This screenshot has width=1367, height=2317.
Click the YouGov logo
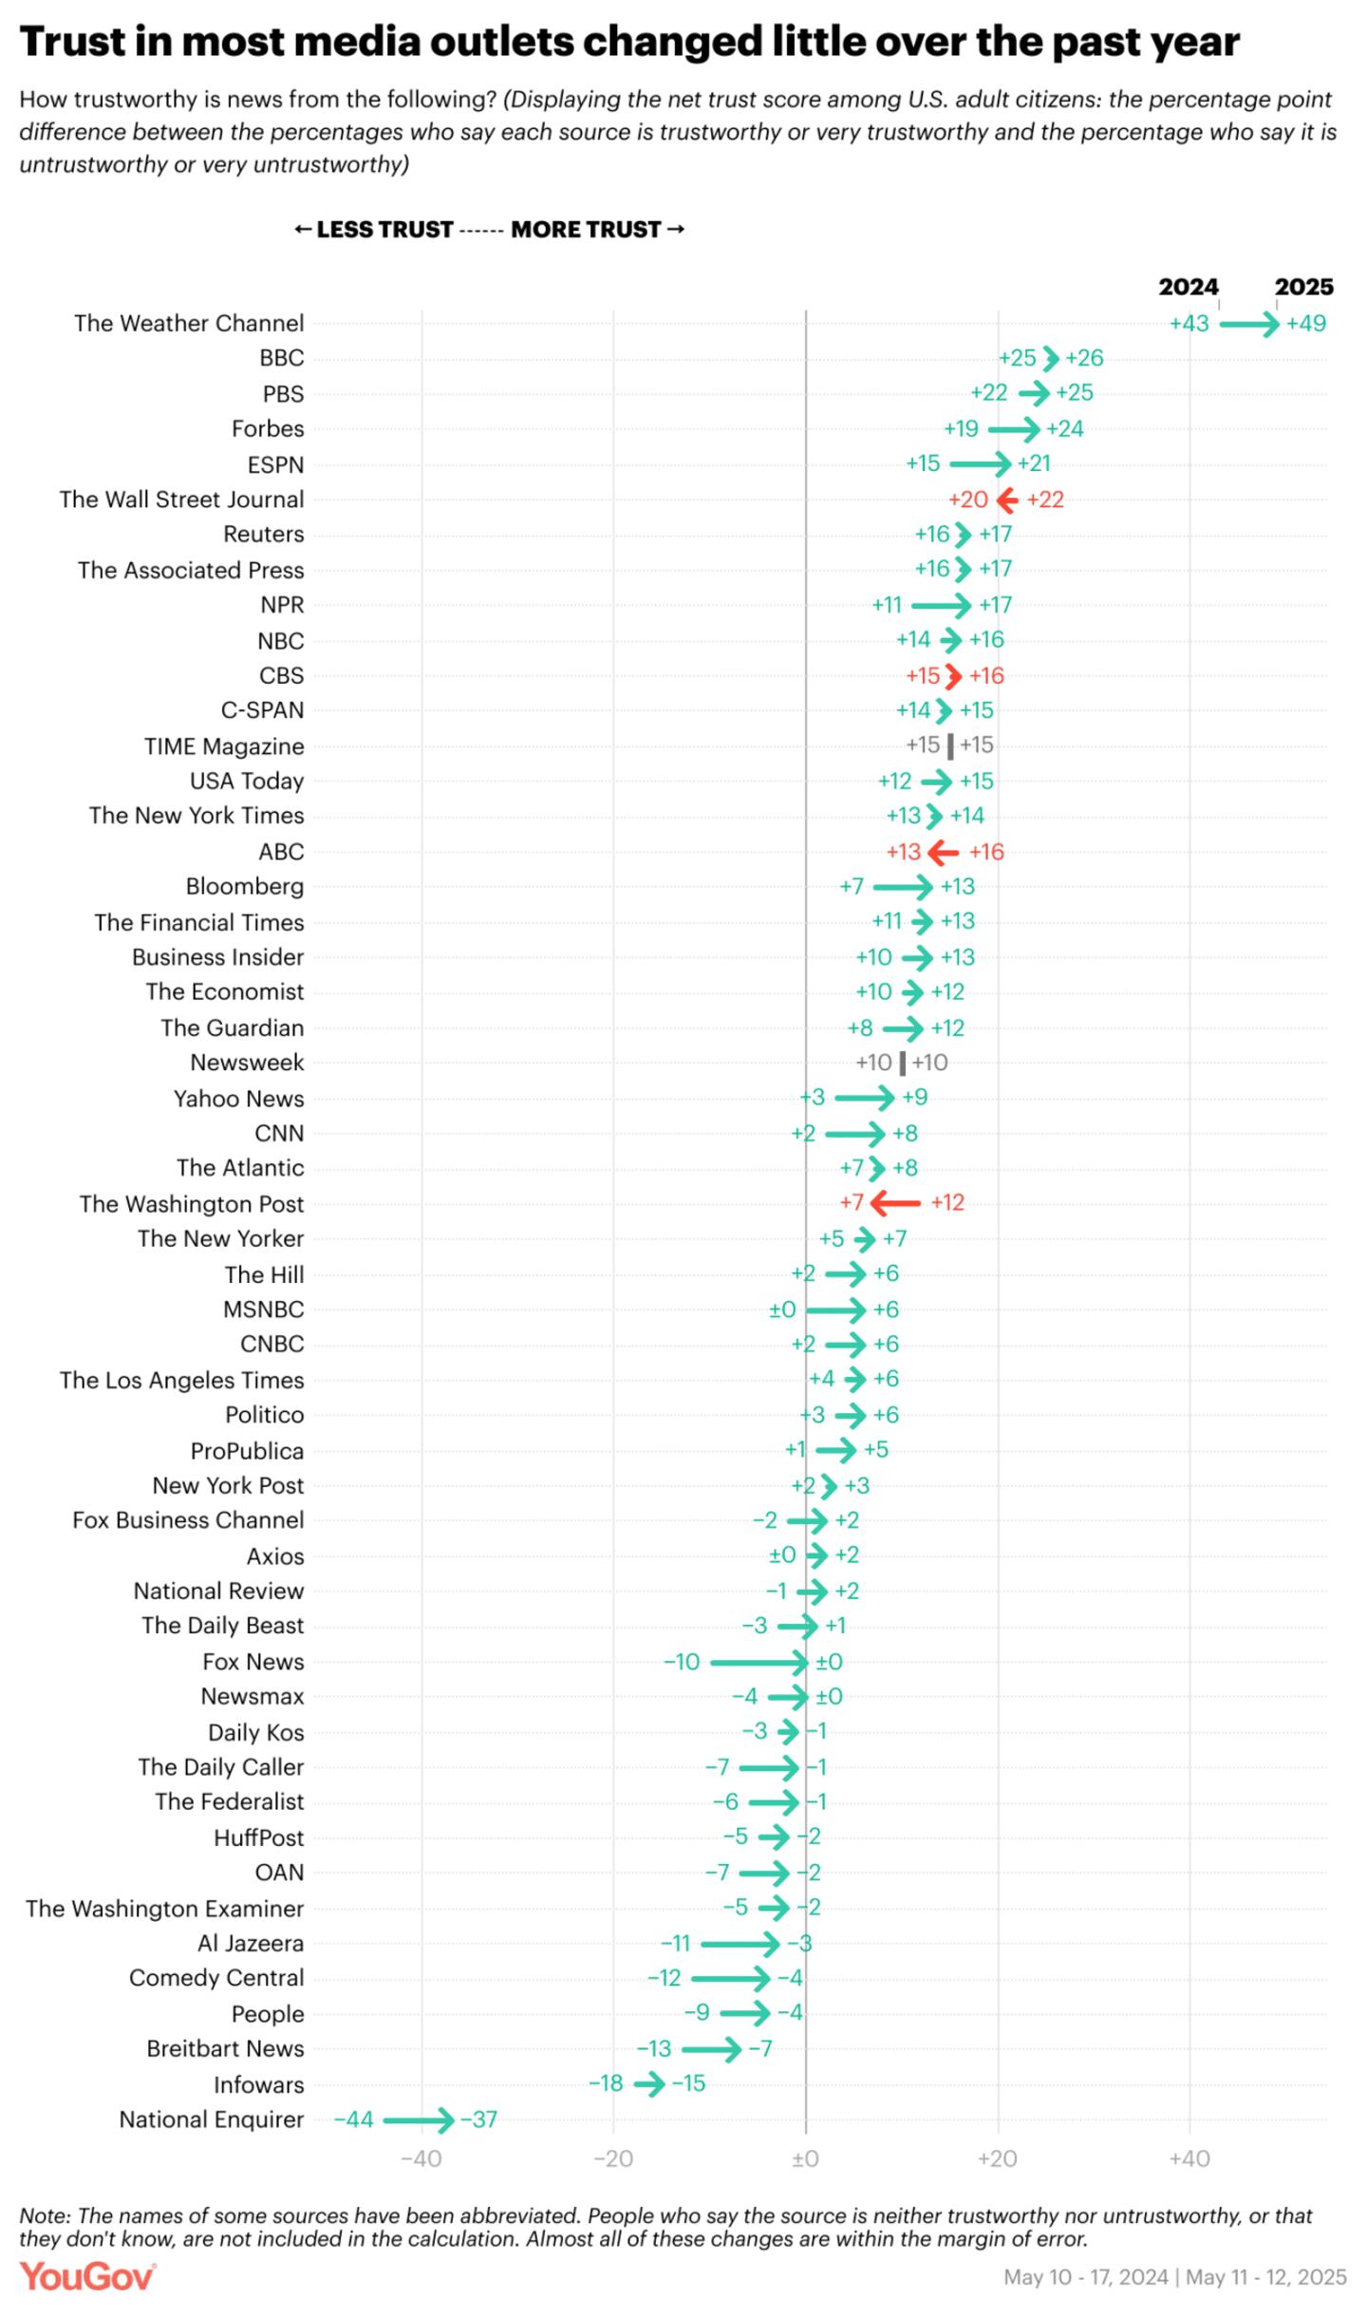[x=87, y=2278]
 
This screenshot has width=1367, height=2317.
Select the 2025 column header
[x=1303, y=287]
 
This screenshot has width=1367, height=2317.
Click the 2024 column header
[x=1188, y=287]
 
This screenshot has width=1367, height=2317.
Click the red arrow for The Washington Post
[x=895, y=1202]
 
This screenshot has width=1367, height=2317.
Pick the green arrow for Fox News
[x=758, y=1662]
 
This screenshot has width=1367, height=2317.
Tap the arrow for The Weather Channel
[x=1248, y=324]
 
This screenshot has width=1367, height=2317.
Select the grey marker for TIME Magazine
[x=950, y=745]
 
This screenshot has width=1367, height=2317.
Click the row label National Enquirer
[x=211, y=2119]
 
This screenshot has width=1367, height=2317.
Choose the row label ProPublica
[x=247, y=1450]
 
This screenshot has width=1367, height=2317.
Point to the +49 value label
[x=1306, y=324]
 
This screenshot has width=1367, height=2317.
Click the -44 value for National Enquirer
[x=353, y=2119]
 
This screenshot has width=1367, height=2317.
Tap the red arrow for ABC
[x=943, y=852]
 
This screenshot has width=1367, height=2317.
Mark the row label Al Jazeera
[x=251, y=1943]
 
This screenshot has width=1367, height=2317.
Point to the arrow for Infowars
[x=650, y=2084]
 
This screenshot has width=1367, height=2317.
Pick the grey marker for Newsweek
[x=902, y=1063]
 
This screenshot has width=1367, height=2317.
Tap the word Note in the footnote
[x=44, y=2215]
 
